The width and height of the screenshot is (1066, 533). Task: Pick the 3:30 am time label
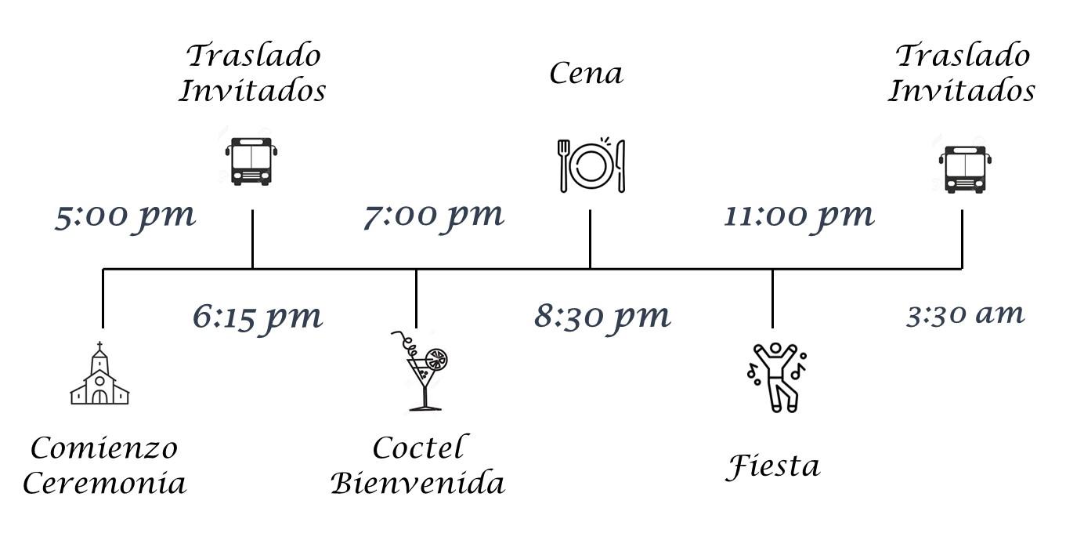(x=965, y=315)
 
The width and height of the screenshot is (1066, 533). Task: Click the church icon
(x=99, y=373)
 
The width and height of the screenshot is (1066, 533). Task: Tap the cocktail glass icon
(x=421, y=371)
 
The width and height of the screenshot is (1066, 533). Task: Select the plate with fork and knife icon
(x=591, y=165)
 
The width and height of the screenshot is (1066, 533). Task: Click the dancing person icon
(x=777, y=377)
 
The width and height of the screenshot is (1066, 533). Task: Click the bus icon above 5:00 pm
(x=251, y=161)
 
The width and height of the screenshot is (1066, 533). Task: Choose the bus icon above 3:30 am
(x=965, y=169)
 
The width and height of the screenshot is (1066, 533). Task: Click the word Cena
(x=587, y=74)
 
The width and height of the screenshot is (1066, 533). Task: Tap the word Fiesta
(x=773, y=467)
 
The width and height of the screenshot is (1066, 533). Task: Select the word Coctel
(x=420, y=448)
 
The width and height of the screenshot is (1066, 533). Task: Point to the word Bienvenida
(x=417, y=483)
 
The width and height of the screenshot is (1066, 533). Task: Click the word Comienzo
(x=104, y=448)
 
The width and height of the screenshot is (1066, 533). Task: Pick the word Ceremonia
(x=105, y=484)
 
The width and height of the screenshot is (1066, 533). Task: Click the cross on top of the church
(x=99, y=346)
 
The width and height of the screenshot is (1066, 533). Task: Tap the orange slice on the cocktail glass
(x=436, y=360)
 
